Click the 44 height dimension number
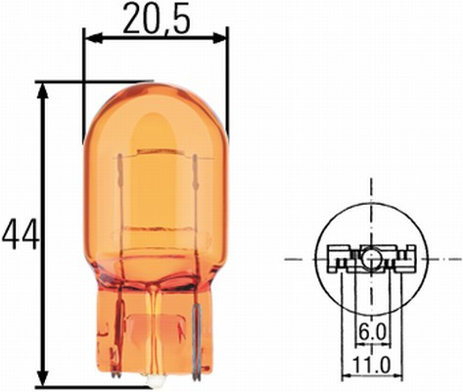tap(19, 234)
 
